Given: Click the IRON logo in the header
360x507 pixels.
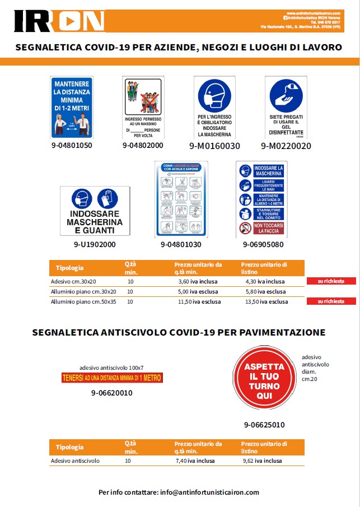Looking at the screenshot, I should coord(59,21).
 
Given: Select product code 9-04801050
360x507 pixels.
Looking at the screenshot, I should coord(71,146).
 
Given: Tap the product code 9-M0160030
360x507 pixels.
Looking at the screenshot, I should coord(214,146).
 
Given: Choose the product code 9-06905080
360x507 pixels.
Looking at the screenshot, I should coord(263,245).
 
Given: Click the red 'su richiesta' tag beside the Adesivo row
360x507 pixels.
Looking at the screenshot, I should coord(331,281).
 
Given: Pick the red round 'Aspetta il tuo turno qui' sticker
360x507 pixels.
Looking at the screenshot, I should coord(264,381).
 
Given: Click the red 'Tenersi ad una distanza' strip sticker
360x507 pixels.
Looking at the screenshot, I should coord(111,378).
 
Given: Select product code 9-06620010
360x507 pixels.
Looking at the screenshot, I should coord(111,393).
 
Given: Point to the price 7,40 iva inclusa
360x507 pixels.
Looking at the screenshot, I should coord(196,461).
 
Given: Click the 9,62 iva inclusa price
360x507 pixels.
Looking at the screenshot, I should coord(261,461).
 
